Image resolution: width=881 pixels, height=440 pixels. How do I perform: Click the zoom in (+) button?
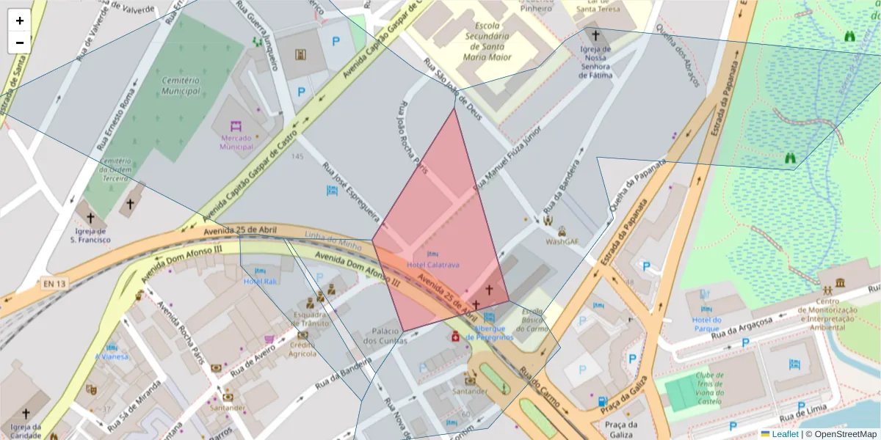20,21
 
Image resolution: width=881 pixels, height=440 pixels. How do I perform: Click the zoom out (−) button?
20,43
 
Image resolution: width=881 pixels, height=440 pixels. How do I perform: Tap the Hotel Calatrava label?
432,265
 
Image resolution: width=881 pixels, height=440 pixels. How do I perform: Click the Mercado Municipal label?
236,142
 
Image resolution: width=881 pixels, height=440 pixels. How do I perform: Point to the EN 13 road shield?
54,283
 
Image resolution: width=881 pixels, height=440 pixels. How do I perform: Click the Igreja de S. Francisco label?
90,235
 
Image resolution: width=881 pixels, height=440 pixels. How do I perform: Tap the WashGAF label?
562,241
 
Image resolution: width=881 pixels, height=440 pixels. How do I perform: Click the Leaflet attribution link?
784,434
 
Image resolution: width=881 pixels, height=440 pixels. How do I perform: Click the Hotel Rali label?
260,281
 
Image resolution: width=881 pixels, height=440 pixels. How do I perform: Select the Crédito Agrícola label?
302,349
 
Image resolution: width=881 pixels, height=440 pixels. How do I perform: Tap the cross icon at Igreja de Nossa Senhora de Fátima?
595,34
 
